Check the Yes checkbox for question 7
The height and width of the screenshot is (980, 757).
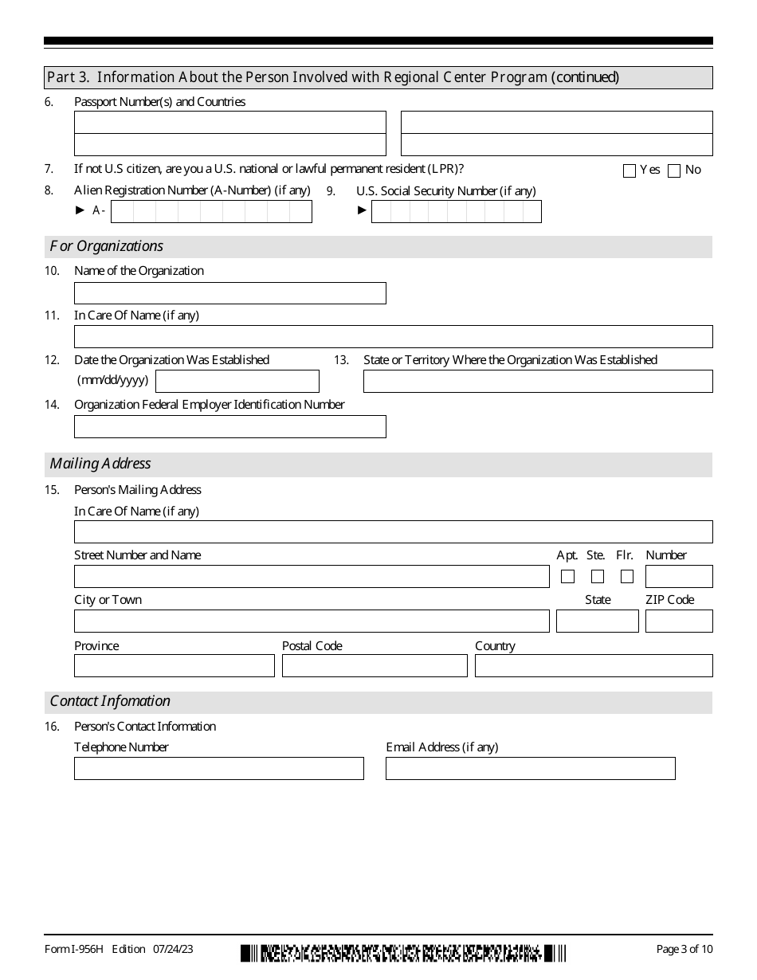pyautogui.click(x=630, y=171)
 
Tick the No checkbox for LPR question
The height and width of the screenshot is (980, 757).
pyautogui.click(x=674, y=171)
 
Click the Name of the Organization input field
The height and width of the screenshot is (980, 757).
pyautogui.click(x=229, y=293)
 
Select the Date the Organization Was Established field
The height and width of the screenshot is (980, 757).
pyautogui.click(x=237, y=382)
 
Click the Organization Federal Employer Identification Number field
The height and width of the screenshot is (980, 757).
pyautogui.click(x=229, y=426)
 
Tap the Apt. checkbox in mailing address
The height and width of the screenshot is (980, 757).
pyautogui.click(x=567, y=576)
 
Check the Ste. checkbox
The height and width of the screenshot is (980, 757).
pyautogui.click(x=598, y=576)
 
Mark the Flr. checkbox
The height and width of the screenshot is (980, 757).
pyautogui.click(x=627, y=576)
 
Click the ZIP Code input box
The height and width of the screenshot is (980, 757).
pyautogui.click(x=679, y=621)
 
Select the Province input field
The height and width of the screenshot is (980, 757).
pyautogui.click(x=174, y=665)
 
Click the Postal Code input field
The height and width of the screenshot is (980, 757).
pyautogui.click(x=375, y=665)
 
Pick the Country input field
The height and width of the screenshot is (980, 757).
pyautogui.click(x=594, y=665)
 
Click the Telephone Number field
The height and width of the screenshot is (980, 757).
pyautogui.click(x=218, y=768)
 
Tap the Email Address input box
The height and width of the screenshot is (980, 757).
pyautogui.click(x=530, y=768)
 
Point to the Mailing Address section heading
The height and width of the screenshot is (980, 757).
pyautogui.click(x=100, y=464)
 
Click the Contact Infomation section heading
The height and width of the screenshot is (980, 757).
pyautogui.click(x=110, y=701)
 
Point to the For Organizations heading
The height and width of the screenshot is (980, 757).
pyautogui.click(x=107, y=246)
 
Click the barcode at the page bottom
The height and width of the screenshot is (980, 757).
pyautogui.click(x=403, y=952)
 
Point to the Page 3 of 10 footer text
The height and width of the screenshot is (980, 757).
pyautogui.click(x=684, y=949)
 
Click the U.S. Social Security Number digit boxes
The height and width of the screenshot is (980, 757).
pyautogui.click(x=456, y=211)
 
